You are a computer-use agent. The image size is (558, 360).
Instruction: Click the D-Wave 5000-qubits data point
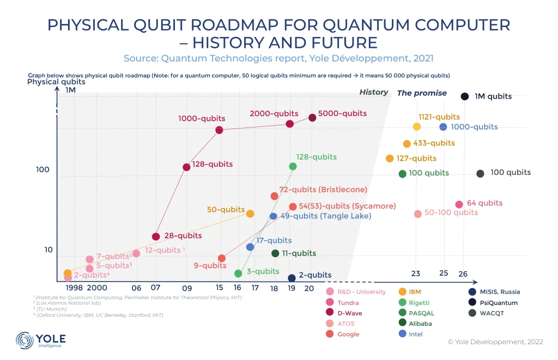pos(312,118)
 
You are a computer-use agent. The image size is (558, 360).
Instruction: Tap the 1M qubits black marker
pos(465,96)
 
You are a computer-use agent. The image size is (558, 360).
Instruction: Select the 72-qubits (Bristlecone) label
pos(323,190)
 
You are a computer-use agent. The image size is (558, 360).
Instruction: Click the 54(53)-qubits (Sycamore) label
pos(347,206)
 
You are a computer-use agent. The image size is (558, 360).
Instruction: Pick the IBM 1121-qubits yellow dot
pos(417,127)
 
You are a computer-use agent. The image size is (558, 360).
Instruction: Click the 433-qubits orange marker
pos(407,144)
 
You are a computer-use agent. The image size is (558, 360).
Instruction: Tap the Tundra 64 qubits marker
pos(459,204)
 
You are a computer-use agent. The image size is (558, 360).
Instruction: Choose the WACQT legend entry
pos(488,313)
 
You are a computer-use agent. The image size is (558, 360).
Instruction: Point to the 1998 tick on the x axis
pos(74,288)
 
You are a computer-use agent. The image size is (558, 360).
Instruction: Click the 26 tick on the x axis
pos(463,273)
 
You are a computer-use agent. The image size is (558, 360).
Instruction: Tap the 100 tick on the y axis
pos(43,170)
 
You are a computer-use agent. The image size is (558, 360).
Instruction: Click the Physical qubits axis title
pos(57,82)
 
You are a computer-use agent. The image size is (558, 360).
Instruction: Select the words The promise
pos(422,93)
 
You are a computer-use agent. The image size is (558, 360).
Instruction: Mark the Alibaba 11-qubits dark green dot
pos(275,253)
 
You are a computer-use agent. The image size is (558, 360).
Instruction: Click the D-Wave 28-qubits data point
pos(156,236)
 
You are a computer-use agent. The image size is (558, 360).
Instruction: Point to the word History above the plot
pos(374,93)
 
